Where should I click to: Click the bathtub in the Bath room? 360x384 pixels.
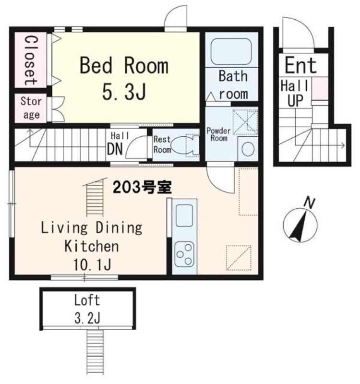231,51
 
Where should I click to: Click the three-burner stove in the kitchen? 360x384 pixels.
185,254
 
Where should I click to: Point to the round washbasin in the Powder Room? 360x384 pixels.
248,149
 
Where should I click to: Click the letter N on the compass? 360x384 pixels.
309,203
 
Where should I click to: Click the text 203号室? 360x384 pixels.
142,188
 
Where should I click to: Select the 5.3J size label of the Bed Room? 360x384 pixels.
124,91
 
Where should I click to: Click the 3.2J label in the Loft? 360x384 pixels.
87,318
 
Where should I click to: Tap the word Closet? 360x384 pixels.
31,60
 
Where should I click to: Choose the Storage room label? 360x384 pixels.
31,108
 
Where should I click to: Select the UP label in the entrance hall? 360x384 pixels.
295,100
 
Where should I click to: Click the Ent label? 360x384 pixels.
300,65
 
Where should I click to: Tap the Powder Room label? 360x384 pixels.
218,134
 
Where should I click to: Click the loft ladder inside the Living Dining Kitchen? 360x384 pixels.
95,197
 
